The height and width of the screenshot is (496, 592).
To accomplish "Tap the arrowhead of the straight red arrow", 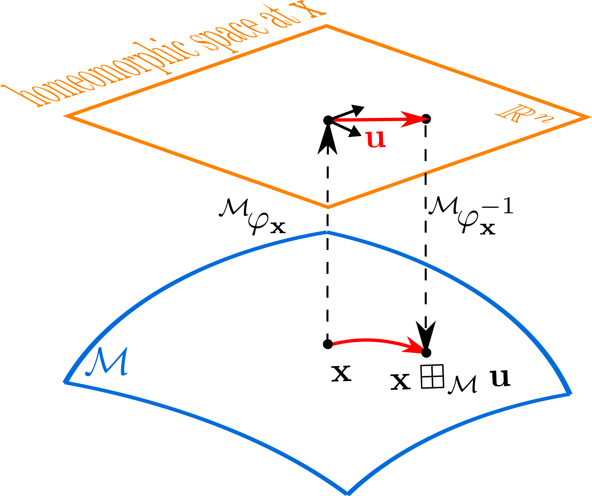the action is click(x=419, y=119).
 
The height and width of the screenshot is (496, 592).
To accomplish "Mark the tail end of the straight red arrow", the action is click(x=335, y=120).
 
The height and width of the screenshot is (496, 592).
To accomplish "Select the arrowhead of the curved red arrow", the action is click(x=416, y=347).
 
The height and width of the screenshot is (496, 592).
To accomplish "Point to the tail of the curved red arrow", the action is click(x=334, y=344).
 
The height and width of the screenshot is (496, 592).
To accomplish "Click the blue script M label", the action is click(x=107, y=362).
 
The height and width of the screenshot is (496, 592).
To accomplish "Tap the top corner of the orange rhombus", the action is click(x=326, y=26).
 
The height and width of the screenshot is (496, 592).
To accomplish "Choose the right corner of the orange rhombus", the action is click(x=588, y=117).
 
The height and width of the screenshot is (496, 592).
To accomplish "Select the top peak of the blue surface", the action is click(x=326, y=232).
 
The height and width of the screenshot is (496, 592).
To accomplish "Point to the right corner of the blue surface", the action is click(x=570, y=394).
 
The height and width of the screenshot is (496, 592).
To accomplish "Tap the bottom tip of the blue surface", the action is click(x=348, y=493).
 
